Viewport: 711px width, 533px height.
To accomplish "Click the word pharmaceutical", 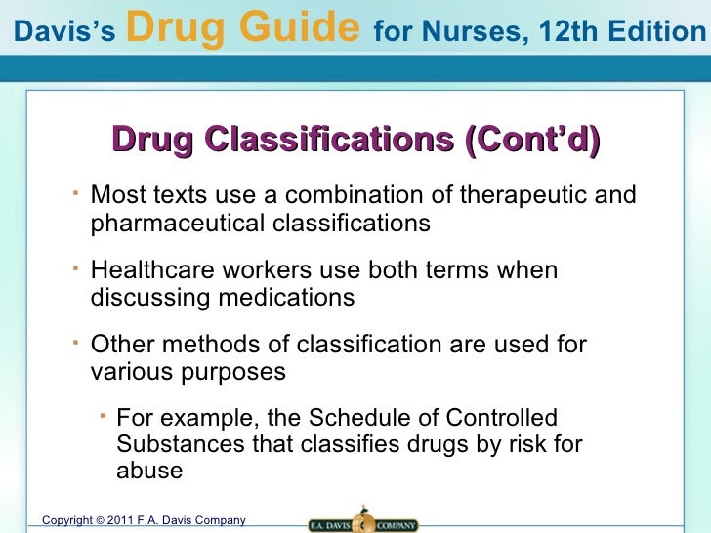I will (x=176, y=224).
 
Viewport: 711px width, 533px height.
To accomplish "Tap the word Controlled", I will (x=501, y=419).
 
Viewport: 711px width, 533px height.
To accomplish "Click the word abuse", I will (x=149, y=470).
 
